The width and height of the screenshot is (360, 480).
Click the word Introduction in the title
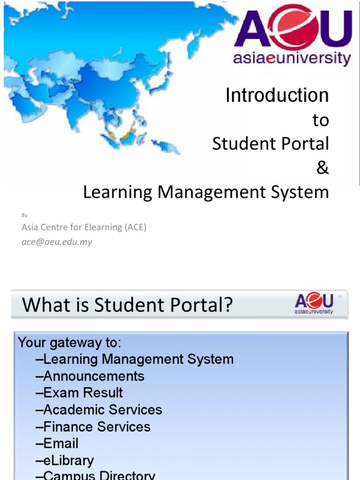click(x=277, y=96)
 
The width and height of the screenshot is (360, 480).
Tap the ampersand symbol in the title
click(x=322, y=168)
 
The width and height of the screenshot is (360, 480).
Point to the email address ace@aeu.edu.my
click(x=57, y=242)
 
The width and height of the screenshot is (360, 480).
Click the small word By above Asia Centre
click(x=25, y=215)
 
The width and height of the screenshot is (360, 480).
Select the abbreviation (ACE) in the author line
click(x=135, y=228)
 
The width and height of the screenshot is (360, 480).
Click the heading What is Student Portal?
click(x=127, y=305)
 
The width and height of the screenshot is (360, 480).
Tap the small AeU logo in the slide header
click(x=314, y=304)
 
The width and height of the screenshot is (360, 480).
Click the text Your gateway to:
click(x=69, y=343)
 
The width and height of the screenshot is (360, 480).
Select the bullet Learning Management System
click(x=135, y=360)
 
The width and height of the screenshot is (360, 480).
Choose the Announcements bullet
click(x=90, y=376)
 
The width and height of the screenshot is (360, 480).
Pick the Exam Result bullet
click(x=79, y=393)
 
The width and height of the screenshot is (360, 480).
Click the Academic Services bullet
click(x=99, y=410)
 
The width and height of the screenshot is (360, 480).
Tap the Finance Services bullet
click(x=93, y=427)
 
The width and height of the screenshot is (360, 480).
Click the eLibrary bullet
click(x=65, y=460)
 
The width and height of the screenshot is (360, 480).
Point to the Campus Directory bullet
click(x=95, y=475)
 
